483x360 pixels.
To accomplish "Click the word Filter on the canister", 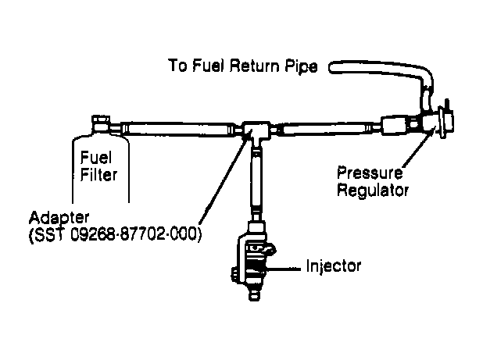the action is [98, 174].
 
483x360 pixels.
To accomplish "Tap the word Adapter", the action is [59, 218].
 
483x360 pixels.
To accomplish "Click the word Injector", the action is [333, 266].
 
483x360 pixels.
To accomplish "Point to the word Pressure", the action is [370, 173].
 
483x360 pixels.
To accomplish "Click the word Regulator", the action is [373, 191].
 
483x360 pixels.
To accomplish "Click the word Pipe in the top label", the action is [301, 66].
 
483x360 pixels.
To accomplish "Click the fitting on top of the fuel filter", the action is [101, 123].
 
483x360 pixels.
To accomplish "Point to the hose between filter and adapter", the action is [177, 129].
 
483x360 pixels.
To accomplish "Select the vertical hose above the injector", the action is [256, 181].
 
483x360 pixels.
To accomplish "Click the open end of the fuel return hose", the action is [332, 67].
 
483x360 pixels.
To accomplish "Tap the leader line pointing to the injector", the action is [284, 269].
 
